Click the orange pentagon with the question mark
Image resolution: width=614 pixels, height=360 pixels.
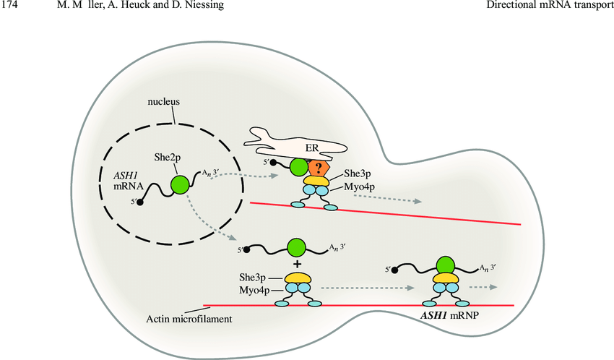coord(319,168)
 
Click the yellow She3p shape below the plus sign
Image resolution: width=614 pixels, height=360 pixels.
coord(297,277)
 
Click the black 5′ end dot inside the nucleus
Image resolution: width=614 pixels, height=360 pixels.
coord(140,202)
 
